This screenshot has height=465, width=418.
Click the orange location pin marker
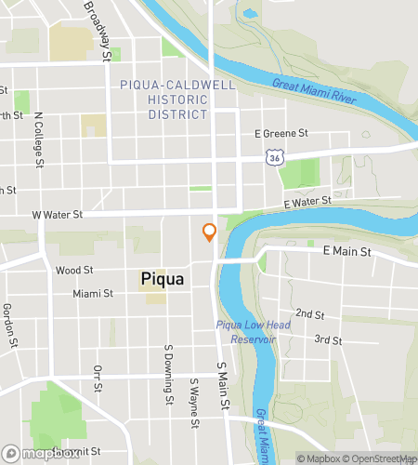(x=209, y=232)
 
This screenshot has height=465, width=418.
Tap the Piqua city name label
(x=162, y=279)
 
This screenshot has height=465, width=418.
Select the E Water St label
(x=307, y=201)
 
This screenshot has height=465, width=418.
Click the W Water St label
(x=58, y=215)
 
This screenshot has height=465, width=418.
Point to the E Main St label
(x=346, y=251)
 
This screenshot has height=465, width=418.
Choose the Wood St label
(x=74, y=271)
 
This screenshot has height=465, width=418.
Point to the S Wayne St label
(x=194, y=404)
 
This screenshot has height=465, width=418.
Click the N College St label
(x=39, y=142)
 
